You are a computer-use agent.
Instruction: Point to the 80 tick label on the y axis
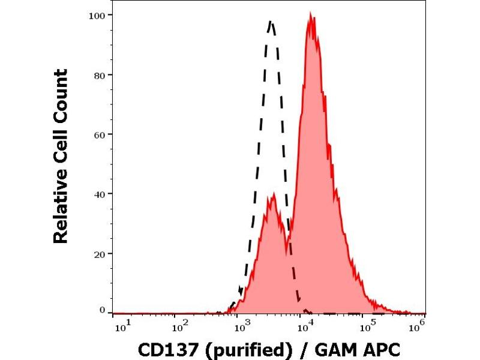tap(100, 75)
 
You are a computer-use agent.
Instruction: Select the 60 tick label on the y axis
tap(100, 134)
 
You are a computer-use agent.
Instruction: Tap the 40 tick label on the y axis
tap(100, 194)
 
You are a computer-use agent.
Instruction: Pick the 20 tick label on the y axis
tap(100, 253)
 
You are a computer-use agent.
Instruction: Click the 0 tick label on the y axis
tap(102, 310)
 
